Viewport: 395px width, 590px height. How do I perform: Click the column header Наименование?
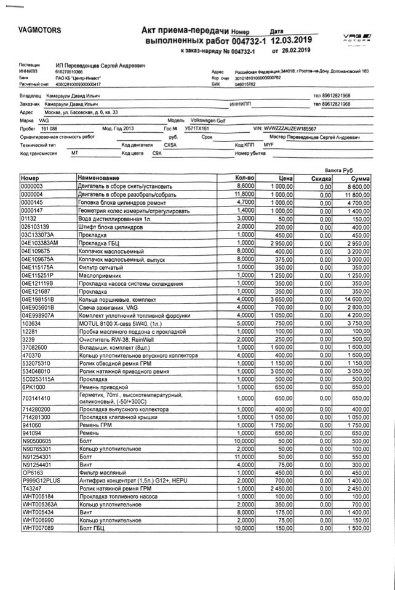98,178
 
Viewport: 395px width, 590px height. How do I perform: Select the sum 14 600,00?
354,299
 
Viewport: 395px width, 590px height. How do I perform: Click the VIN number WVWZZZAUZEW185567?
289,128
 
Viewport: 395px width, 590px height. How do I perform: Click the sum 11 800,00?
354,194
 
